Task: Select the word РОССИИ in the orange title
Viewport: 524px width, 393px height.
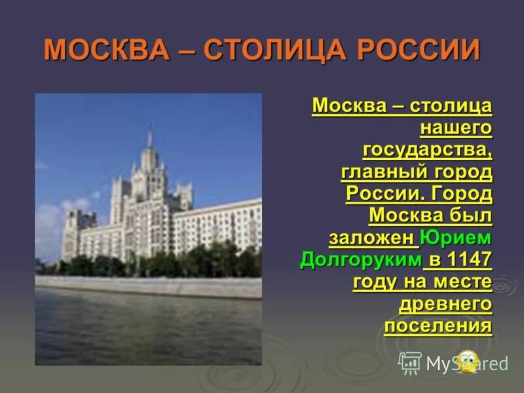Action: click(x=423, y=50)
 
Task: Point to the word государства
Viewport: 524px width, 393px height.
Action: click(x=426, y=150)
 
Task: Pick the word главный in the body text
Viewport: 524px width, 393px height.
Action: click(x=383, y=172)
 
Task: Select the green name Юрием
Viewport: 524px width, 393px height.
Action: click(x=456, y=237)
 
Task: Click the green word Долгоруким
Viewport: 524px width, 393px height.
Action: click(x=360, y=259)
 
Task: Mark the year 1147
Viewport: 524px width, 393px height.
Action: click(x=469, y=259)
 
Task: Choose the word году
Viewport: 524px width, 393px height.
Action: click(x=375, y=282)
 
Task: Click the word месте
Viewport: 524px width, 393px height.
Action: click(x=461, y=282)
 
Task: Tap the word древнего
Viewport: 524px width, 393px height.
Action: click(x=445, y=304)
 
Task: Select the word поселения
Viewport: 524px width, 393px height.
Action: click(x=438, y=326)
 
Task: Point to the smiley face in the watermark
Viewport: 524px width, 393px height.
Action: click(x=467, y=361)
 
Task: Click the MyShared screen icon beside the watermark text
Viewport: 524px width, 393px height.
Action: click(x=410, y=362)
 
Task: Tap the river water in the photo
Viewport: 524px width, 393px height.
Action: click(x=144, y=327)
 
